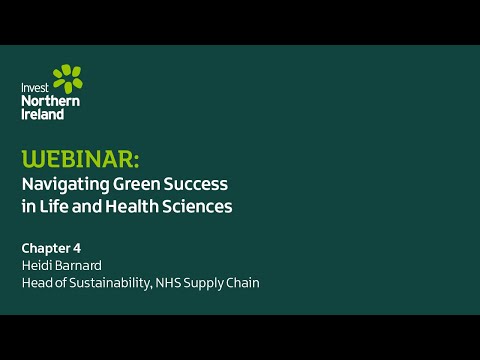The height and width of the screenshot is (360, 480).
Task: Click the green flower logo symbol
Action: (66, 79)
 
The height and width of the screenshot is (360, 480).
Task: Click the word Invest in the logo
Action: (34, 88)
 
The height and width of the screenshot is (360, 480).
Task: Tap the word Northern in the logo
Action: (50, 101)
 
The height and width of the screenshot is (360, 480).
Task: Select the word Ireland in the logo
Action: (43, 114)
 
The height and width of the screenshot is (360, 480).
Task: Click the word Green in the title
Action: (143, 185)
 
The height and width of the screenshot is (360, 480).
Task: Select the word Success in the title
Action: (200, 185)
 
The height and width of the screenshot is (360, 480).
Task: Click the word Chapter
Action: (47, 246)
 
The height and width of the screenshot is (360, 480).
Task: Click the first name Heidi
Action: (37, 265)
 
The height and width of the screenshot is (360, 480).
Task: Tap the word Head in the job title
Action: (37, 283)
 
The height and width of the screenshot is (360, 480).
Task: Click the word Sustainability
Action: (106, 283)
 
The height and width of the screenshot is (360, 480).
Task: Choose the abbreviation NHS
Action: (167, 283)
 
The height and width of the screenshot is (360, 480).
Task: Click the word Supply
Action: (205, 283)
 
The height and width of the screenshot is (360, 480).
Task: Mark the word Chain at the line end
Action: (243, 283)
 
